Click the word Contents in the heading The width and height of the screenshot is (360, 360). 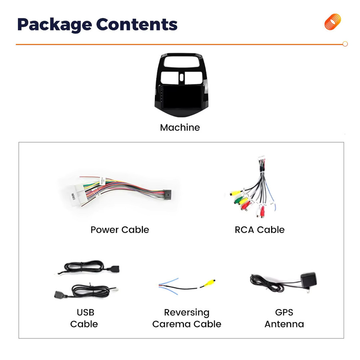coord(137,24)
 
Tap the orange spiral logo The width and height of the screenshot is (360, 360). coord(333,22)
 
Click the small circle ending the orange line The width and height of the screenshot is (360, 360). coord(345,44)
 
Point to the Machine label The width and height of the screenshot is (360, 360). coord(180,128)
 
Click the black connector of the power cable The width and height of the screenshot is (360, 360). coord(167,195)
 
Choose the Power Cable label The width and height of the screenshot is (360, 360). coord(120,230)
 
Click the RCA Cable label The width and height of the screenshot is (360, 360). coord(260,230)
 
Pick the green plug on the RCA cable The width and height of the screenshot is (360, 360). coord(238,199)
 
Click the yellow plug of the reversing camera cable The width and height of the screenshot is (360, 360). coord(210,282)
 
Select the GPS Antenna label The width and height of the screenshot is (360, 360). coord(284,318)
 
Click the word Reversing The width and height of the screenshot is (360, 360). coord(187,312)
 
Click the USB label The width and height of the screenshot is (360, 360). coord(86,312)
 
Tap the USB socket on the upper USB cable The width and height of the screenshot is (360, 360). coord(113,269)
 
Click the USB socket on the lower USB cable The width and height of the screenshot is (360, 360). coord(60,294)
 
